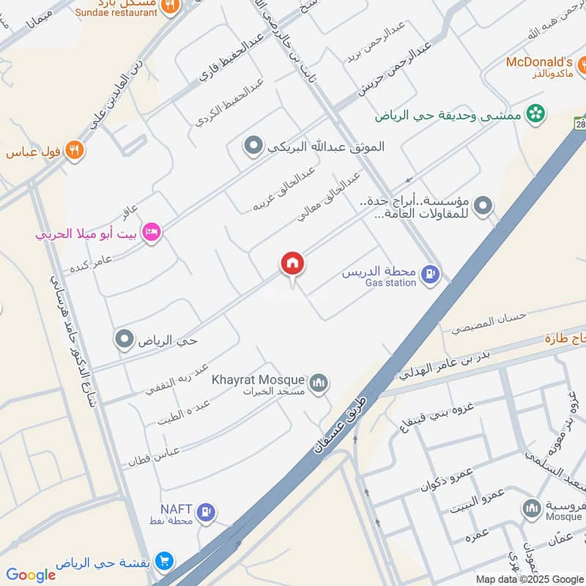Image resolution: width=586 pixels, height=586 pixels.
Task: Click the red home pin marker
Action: [292, 264]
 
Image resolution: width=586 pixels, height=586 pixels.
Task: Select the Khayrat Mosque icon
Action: [319, 383]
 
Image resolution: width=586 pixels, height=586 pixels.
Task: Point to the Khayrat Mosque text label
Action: [257, 379]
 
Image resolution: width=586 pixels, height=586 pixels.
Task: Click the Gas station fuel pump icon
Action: [432, 275]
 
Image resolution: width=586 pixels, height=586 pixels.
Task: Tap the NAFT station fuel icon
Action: [207, 513]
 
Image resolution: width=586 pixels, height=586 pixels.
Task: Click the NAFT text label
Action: [176, 508]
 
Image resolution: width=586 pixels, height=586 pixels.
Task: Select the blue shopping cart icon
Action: [165, 563]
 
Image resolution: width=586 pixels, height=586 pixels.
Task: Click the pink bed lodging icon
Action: [152, 232]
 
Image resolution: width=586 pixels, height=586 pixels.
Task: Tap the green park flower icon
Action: [536, 113]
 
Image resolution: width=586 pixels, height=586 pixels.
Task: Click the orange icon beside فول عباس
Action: [74, 151]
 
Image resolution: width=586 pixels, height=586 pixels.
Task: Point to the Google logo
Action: [31, 575]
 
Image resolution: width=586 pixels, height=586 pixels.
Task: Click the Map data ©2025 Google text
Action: [530, 579]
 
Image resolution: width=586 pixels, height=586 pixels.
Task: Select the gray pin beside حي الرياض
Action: [125, 340]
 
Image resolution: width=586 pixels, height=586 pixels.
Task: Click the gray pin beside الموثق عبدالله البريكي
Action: [253, 147]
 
